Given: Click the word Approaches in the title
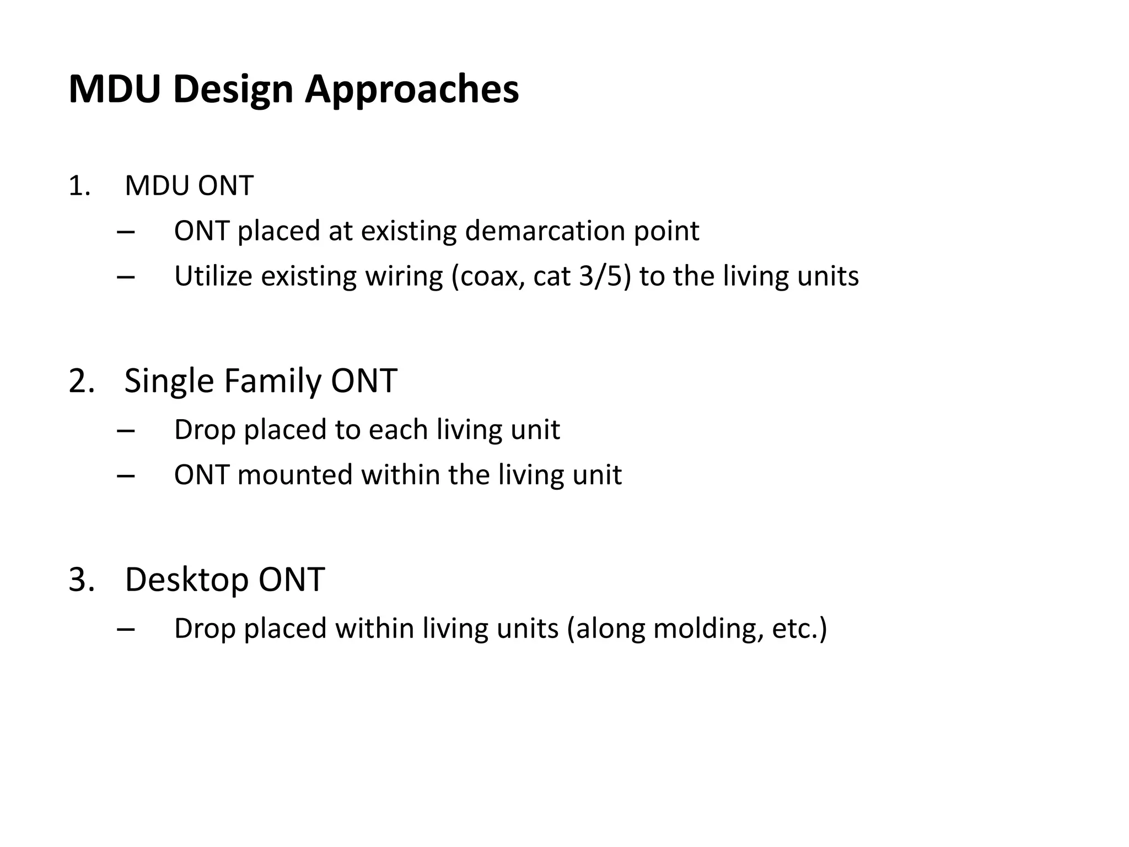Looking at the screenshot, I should [x=411, y=89].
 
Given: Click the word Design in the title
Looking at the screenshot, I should [x=233, y=89].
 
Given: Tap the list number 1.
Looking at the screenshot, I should [x=78, y=186].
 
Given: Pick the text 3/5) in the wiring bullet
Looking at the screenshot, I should [x=605, y=276].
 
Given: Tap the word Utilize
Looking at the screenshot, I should [x=213, y=276].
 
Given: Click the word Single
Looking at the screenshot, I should [x=169, y=380].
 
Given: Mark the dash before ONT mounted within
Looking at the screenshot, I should [x=126, y=475].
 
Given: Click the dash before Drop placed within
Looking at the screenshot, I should [x=126, y=629].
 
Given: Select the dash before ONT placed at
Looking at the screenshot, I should [x=126, y=232].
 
